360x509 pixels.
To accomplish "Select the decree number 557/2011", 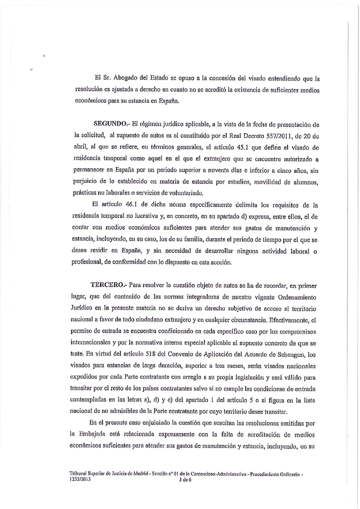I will coord(279,136).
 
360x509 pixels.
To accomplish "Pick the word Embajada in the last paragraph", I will coord(92,434).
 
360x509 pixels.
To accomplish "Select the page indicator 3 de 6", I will coord(186,479).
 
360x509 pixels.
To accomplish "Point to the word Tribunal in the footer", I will coord(78,474).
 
